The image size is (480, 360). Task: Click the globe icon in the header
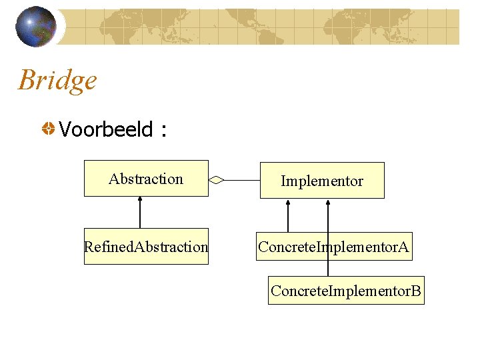35,27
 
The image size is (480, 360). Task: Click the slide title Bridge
57,81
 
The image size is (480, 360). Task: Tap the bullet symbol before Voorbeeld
49,129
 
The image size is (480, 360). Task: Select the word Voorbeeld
106,129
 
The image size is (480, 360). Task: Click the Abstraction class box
146,179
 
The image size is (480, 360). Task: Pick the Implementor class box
322,181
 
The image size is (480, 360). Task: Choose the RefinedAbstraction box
146,247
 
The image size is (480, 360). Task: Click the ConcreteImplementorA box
333,247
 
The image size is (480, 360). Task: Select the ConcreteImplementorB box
346,291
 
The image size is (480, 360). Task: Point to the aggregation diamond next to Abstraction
217,179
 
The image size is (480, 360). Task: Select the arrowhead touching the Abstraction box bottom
139,200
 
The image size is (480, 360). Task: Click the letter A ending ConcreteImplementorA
403,247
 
